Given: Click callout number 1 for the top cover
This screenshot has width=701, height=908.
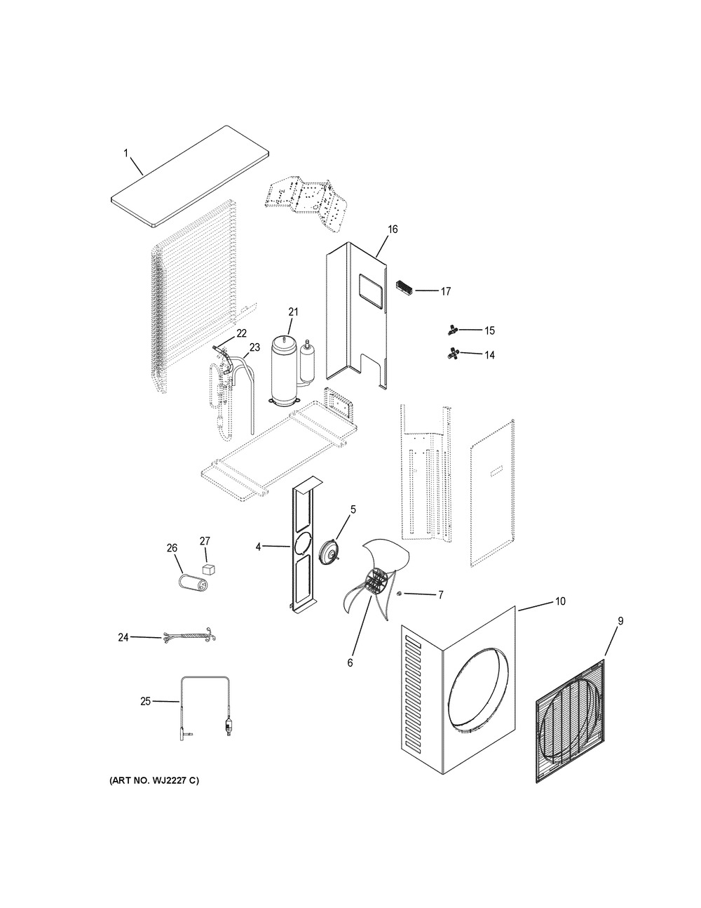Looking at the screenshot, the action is pos(125,154).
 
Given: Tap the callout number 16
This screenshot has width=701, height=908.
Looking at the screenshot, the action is pos(393,229).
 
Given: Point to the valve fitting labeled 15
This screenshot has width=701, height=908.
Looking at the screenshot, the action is pos(451,330).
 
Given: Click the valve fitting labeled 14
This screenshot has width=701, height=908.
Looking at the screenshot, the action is pos(452,354).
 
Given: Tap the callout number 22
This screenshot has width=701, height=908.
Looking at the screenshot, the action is pos(241,333).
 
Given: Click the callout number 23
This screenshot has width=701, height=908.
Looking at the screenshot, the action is pos(254,347).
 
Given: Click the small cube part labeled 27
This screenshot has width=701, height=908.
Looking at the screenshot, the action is pos(209,569).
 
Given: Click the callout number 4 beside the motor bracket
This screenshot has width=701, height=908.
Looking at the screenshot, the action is pos(258,547).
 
